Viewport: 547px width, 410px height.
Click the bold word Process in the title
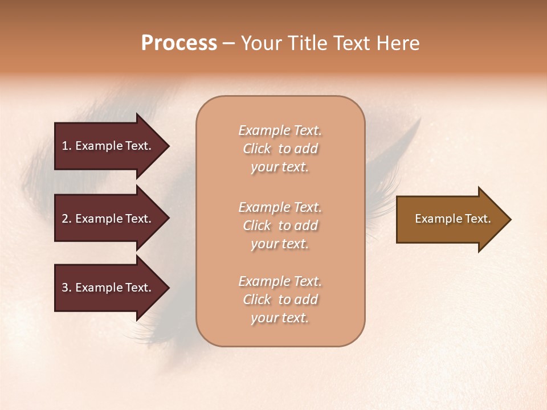[x=179, y=43]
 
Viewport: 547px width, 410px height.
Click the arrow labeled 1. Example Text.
[x=108, y=146]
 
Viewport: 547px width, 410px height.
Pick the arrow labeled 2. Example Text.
[x=108, y=219]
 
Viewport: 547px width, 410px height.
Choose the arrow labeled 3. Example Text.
[x=108, y=288]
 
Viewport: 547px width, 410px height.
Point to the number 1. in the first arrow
[x=67, y=146]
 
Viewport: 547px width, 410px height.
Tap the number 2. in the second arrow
[x=67, y=219]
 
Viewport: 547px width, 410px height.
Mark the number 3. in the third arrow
[x=67, y=288]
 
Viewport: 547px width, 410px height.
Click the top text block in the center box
[x=280, y=149]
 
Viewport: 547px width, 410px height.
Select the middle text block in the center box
[x=280, y=225]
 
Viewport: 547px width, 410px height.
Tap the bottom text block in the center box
[x=280, y=300]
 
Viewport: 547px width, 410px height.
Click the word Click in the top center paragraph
[x=257, y=149]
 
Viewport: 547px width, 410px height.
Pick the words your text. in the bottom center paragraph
[x=280, y=318]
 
